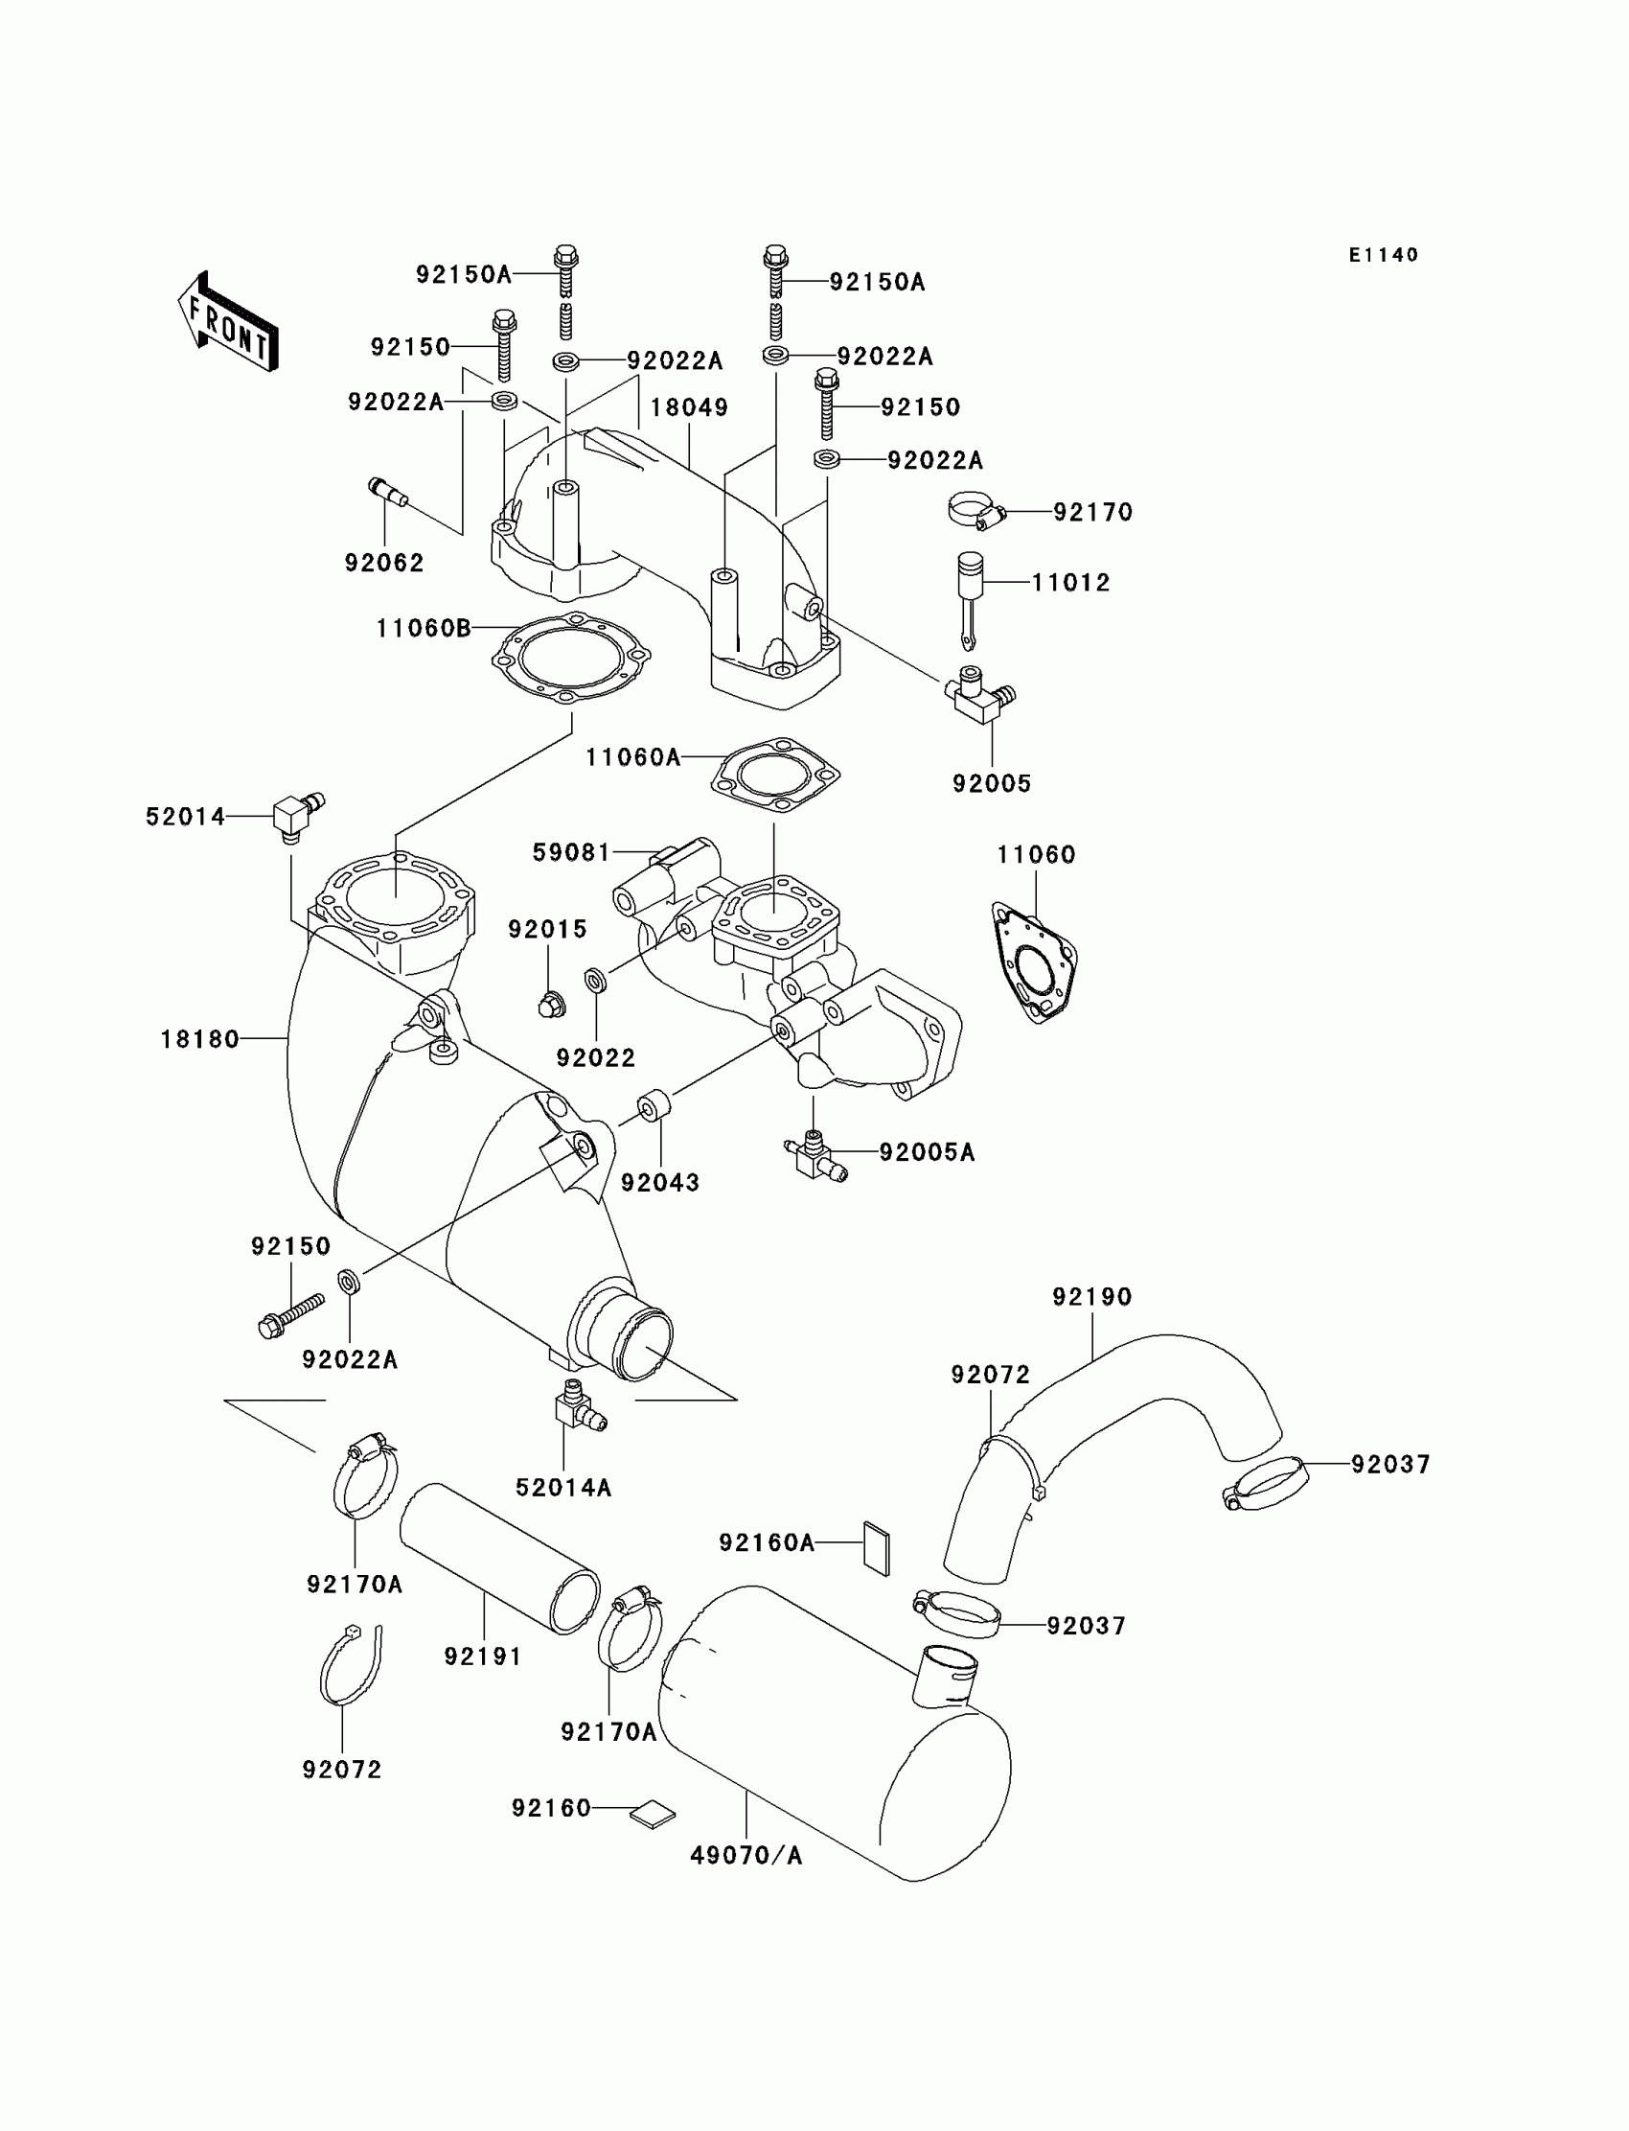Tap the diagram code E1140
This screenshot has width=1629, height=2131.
[x=1384, y=255]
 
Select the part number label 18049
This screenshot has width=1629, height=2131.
[x=688, y=407]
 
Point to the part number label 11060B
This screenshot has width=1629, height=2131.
[x=424, y=629]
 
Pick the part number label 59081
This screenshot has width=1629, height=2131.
[x=571, y=852]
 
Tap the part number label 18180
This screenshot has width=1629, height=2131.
[x=199, y=1040]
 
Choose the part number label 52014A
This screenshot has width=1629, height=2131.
[x=563, y=1488]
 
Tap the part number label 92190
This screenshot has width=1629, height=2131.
[x=1091, y=1297]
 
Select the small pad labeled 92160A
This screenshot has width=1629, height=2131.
[x=876, y=1549]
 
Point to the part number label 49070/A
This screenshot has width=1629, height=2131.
[x=746, y=1856]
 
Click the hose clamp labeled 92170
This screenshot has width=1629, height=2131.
[x=975, y=511]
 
